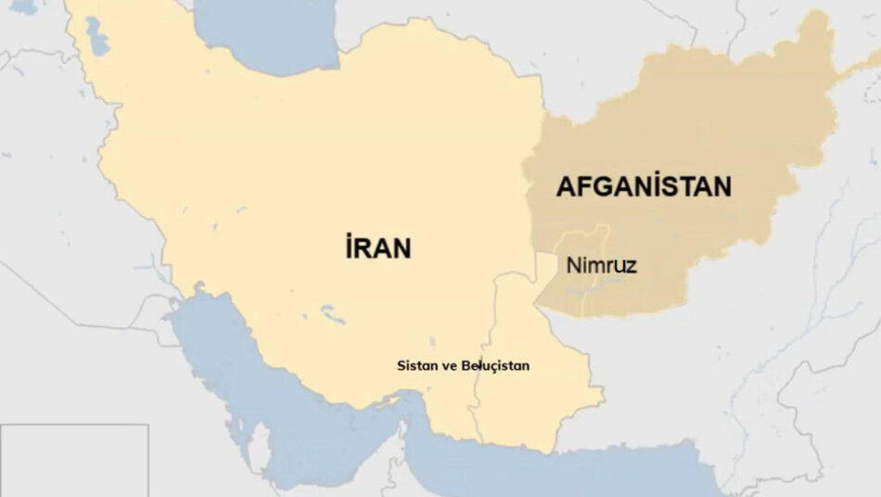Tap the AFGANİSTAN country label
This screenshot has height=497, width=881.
click(643, 186)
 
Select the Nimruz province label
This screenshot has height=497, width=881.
click(601, 266)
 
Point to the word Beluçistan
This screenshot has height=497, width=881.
click(497, 366)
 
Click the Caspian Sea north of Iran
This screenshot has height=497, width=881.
click(269, 37)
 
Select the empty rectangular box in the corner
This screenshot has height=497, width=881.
click(74, 460)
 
